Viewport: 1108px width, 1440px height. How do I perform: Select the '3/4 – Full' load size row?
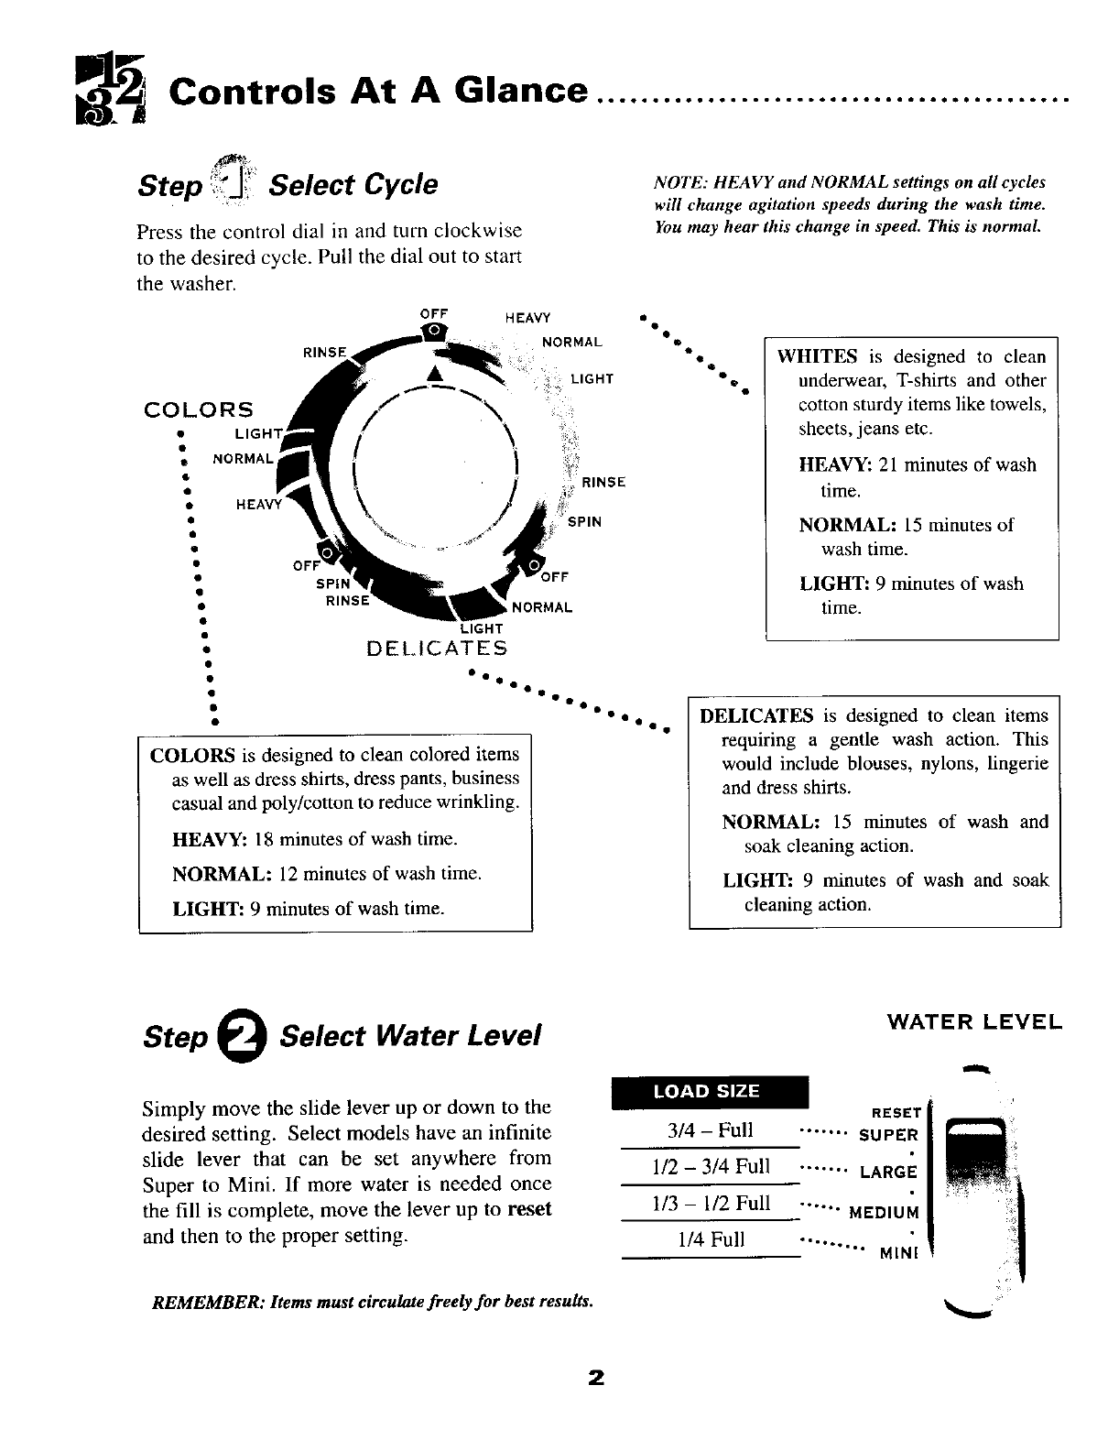point(711,1129)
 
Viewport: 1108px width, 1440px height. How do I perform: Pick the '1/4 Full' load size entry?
point(712,1239)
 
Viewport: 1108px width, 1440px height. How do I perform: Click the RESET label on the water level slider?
point(896,1113)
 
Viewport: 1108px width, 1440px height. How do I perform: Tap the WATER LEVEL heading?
point(974,1021)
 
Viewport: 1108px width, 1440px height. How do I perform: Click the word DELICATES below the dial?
point(436,649)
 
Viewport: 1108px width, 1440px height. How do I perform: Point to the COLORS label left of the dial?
point(199,409)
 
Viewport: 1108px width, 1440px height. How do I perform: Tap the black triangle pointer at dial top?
point(435,374)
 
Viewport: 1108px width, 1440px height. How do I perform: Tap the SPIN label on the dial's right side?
point(584,522)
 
